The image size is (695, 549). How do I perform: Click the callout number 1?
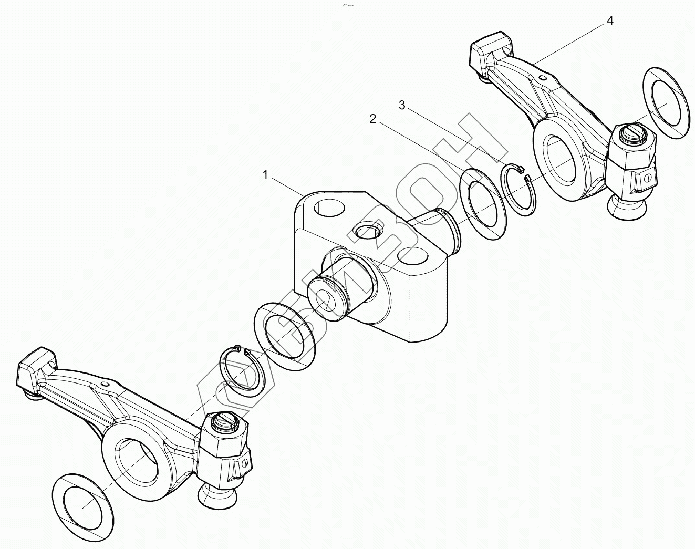(x=266, y=175)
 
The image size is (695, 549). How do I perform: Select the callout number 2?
(x=373, y=119)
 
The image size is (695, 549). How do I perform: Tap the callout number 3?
(x=402, y=106)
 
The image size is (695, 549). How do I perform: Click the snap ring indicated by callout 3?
(x=518, y=190)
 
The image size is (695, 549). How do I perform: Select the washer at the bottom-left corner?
(x=83, y=502)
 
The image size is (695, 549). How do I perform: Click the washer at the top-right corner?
(x=666, y=103)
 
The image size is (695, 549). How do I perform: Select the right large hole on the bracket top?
(x=412, y=257)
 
